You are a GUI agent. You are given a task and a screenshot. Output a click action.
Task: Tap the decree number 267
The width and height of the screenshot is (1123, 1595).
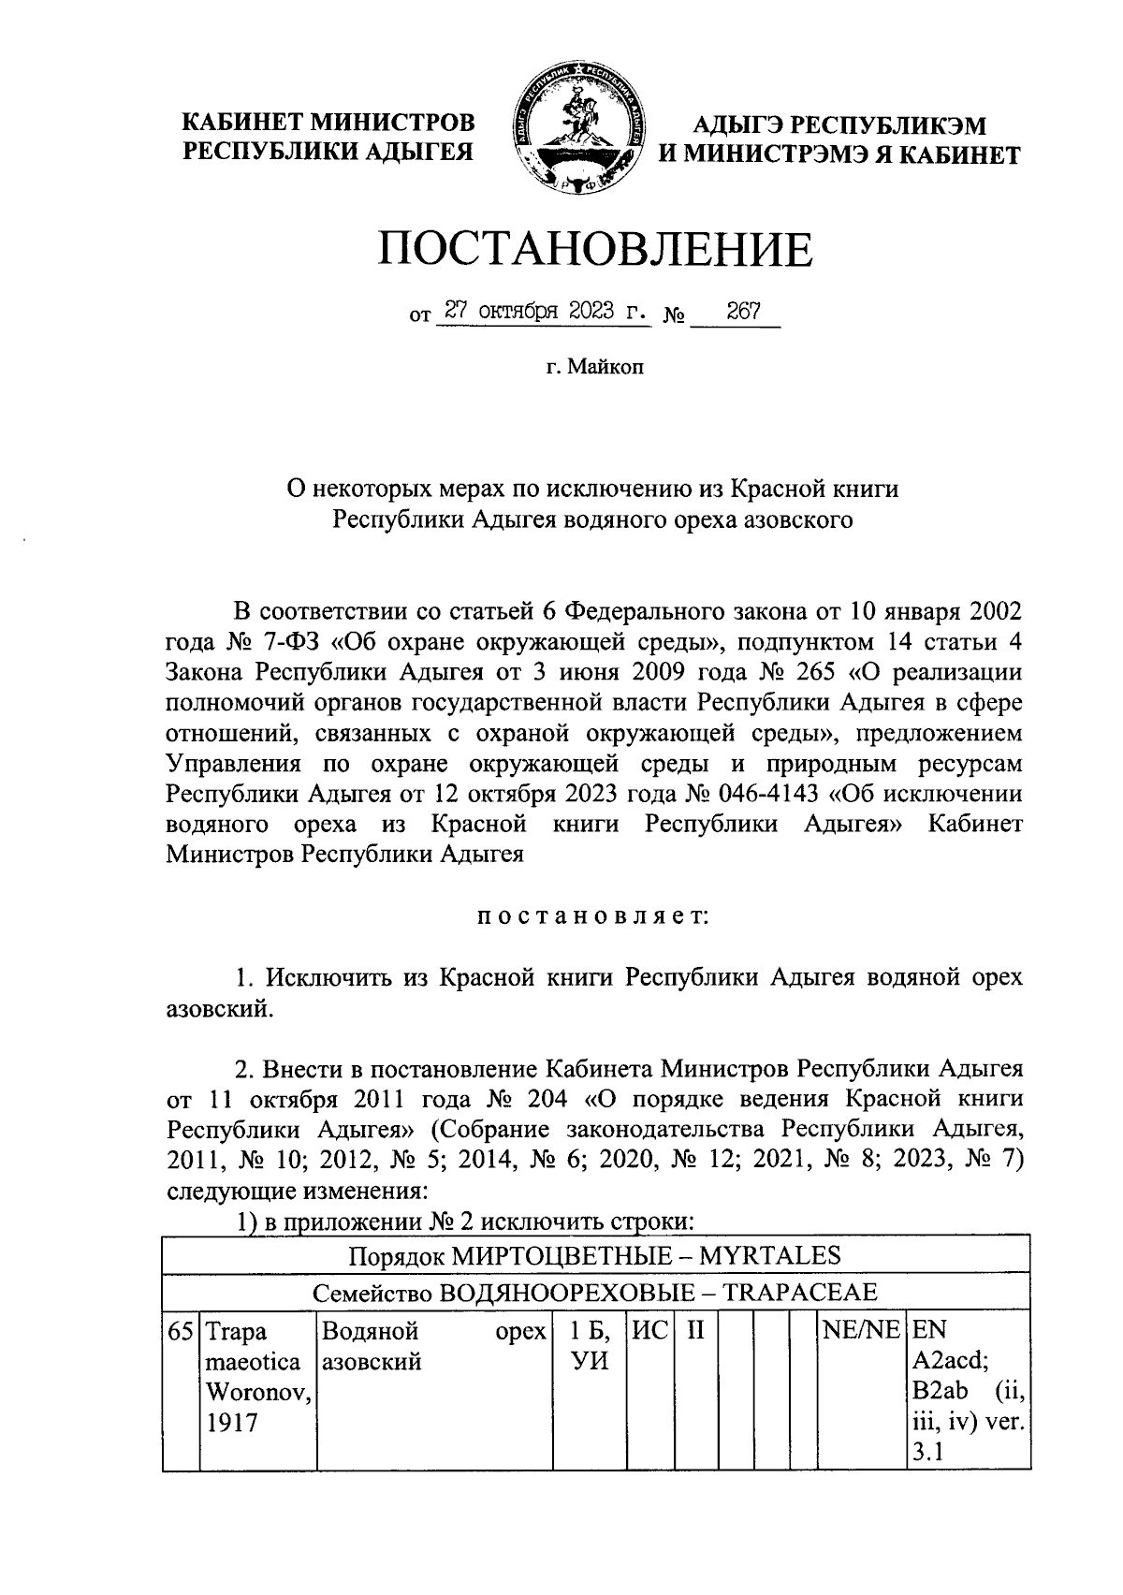(742, 313)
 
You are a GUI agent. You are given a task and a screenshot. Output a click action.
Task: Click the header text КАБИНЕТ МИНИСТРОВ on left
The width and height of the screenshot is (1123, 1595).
(328, 123)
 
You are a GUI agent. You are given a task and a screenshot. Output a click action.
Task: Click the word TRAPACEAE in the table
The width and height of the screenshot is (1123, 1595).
(799, 1294)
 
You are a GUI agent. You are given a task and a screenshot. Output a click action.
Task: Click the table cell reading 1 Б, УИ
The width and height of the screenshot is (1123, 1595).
(590, 1346)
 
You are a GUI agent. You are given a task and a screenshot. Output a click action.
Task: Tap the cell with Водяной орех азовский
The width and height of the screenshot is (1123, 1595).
(434, 1346)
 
